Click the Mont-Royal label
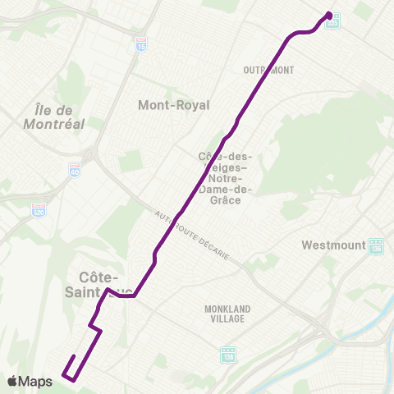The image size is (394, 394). [x=174, y=105]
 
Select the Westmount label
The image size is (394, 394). [x=332, y=245]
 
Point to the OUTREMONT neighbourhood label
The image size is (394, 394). [x=268, y=70]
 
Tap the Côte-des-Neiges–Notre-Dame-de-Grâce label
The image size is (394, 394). [x=226, y=177]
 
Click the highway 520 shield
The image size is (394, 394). [x=39, y=209]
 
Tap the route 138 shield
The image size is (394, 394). [x=228, y=355]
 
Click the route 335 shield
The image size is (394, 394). [x=332, y=24]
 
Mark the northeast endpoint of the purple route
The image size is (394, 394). [x=329, y=14]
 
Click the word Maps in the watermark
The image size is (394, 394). [x=36, y=381]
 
